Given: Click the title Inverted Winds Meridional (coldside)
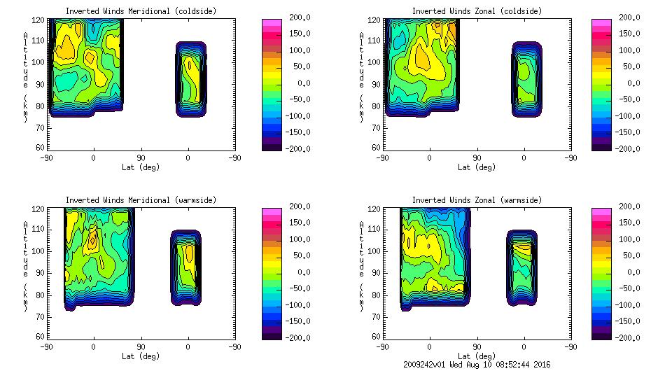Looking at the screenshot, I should click(141, 11).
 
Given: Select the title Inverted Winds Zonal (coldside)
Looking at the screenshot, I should click(477, 11).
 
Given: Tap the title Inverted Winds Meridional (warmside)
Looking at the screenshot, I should click(141, 200).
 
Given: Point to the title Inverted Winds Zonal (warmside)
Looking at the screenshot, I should click(477, 200).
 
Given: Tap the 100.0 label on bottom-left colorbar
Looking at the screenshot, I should click(295, 239).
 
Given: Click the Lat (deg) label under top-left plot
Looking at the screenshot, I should click(141, 167).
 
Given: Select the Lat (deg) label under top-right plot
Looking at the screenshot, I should click(477, 167).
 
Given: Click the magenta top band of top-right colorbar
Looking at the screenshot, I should click(601, 23).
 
